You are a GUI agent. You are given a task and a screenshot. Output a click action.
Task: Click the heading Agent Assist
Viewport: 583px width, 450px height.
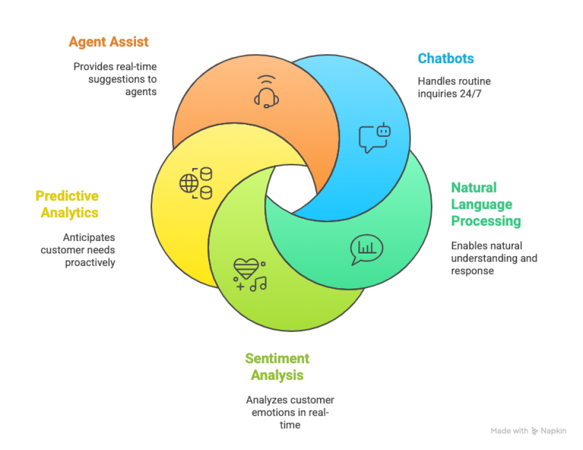point(108,42)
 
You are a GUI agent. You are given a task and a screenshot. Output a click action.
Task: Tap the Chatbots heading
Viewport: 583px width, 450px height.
point(446,58)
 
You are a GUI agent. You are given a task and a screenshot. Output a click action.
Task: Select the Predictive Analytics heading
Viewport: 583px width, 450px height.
point(67,204)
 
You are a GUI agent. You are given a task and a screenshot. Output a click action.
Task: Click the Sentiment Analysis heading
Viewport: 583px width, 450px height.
point(277,366)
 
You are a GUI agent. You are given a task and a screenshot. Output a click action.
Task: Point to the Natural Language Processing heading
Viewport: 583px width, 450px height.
point(486,204)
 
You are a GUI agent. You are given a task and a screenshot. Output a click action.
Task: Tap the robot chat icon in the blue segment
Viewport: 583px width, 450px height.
point(375,137)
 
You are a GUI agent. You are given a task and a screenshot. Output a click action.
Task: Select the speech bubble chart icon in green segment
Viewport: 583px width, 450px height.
point(366,249)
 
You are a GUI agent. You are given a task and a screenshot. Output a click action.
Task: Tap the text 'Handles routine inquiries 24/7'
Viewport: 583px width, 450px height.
point(454,87)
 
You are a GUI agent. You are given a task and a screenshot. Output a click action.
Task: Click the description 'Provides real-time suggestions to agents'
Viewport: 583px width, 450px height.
point(115,79)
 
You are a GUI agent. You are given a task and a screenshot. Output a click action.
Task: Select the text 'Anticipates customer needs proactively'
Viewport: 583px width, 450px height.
point(78,249)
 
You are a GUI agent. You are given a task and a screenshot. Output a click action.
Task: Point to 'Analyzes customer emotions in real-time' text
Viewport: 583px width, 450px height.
point(290,412)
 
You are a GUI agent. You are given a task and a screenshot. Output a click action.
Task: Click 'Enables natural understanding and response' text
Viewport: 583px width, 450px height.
point(494,258)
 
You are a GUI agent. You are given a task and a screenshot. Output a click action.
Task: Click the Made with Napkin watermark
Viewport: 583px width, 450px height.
point(528,431)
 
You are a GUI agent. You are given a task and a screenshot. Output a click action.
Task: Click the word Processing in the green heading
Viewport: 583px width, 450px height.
point(486,221)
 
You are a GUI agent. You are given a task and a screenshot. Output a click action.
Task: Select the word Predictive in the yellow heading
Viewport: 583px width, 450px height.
point(67,196)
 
